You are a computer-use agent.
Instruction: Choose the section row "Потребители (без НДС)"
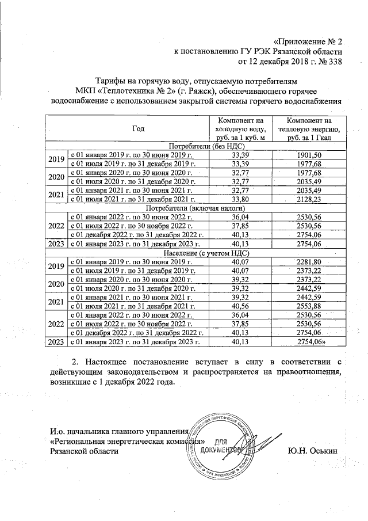coord(195,146)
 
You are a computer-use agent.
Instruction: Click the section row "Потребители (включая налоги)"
coord(195,207)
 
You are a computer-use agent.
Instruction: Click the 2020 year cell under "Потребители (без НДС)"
coord(56,177)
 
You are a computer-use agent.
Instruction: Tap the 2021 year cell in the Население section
coord(56,302)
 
